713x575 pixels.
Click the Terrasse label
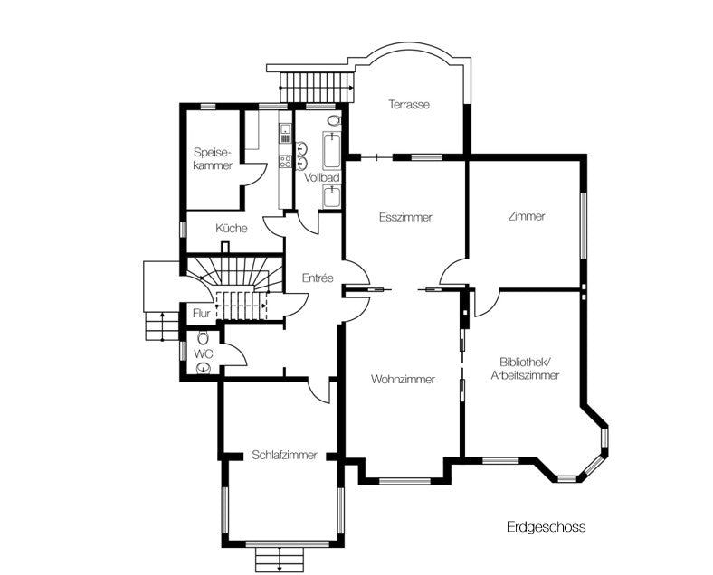[409, 104]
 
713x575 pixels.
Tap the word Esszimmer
[404, 218]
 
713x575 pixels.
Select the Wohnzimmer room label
[403, 380]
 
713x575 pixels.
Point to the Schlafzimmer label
[285, 456]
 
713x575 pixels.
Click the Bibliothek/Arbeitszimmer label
[526, 368]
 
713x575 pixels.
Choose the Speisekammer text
[213, 159]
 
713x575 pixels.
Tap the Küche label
[232, 229]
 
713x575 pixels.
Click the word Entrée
[318, 278]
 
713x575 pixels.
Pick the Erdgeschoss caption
[546, 527]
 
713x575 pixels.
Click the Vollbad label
[322, 178]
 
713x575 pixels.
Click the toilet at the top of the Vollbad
[333, 119]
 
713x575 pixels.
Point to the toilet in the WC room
[202, 337]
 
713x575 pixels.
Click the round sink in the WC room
[204, 367]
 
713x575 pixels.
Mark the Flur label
[202, 314]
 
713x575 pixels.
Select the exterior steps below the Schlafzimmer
[280, 558]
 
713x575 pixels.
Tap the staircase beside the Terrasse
[316, 89]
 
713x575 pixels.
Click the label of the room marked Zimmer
[527, 216]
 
